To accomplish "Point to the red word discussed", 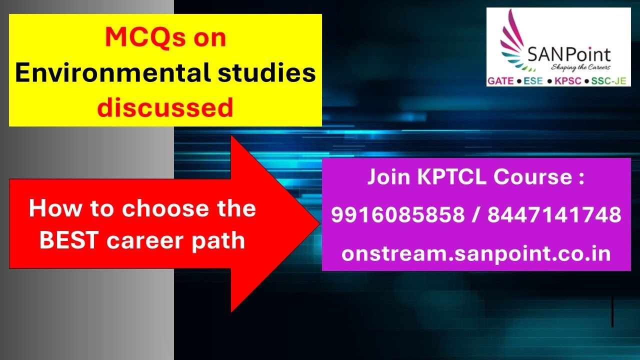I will pos(165,107).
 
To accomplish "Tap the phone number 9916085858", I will pos(397,215).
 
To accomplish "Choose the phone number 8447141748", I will pos(554,215).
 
